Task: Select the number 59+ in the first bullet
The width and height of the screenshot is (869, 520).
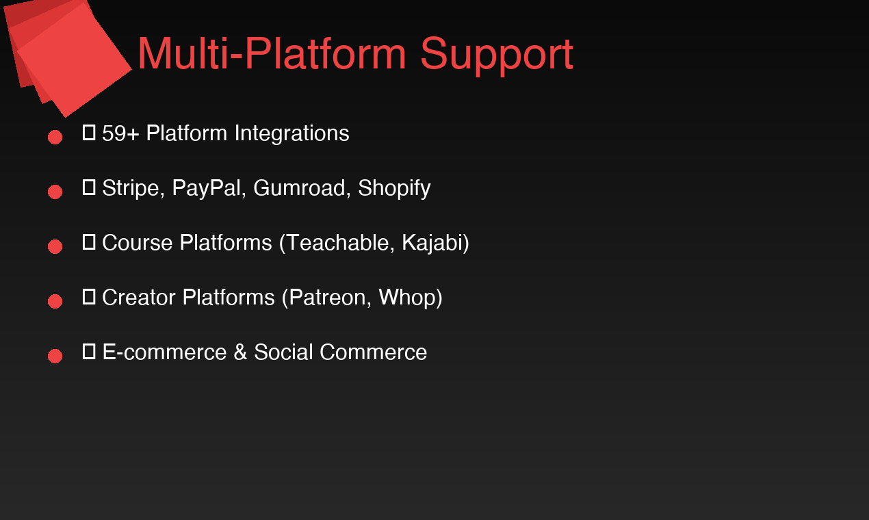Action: (x=120, y=133)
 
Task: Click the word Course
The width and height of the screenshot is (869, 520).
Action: (x=137, y=243)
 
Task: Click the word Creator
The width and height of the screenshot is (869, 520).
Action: (x=138, y=298)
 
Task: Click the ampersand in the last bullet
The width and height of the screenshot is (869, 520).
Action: (x=239, y=352)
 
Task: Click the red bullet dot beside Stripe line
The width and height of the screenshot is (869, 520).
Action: (x=55, y=192)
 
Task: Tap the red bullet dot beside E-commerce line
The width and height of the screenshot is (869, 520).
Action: (x=55, y=356)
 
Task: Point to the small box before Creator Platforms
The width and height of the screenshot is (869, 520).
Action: (x=88, y=296)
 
